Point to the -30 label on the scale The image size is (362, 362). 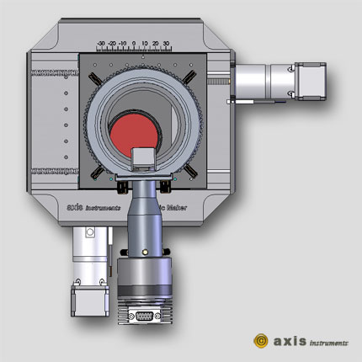point(101,42)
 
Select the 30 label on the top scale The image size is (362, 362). point(166,42)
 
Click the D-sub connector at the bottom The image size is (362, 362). point(143,317)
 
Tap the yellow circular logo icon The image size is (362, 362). point(261,341)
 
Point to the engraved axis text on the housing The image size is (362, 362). point(77,207)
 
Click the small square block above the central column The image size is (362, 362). point(144,157)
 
